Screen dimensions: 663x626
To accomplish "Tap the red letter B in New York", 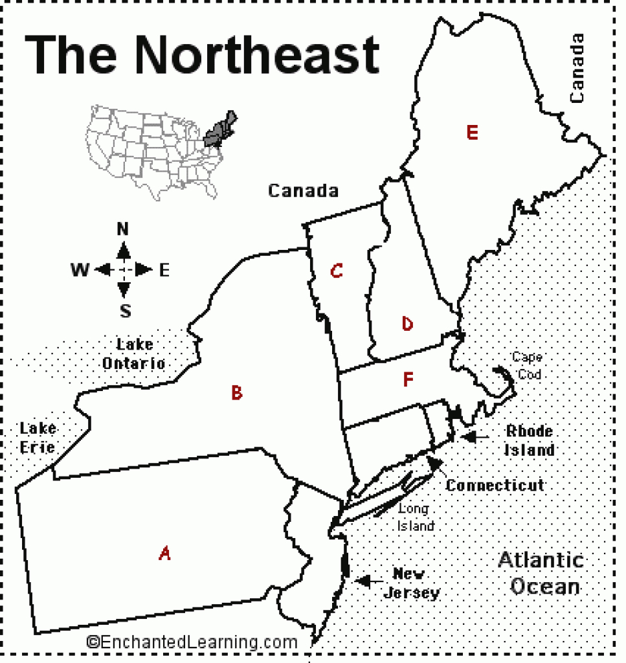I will [x=237, y=392].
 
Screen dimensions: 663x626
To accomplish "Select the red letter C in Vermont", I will [x=335, y=271].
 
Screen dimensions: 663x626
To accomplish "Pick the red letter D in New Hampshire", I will [x=407, y=324].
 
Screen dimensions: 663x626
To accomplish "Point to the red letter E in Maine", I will [x=472, y=133].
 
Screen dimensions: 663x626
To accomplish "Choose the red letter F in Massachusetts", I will [x=407, y=379].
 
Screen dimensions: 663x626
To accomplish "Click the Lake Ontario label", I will [x=133, y=354].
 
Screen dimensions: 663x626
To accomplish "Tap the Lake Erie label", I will [x=38, y=437].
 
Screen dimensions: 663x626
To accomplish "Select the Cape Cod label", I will [x=526, y=365].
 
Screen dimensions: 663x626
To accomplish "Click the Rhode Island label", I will [x=530, y=440].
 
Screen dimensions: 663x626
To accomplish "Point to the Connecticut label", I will [x=495, y=485].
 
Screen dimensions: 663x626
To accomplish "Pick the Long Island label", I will [x=415, y=517].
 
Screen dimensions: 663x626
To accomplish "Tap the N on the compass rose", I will [x=123, y=229].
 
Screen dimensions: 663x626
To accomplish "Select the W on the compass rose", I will [x=80, y=270].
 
